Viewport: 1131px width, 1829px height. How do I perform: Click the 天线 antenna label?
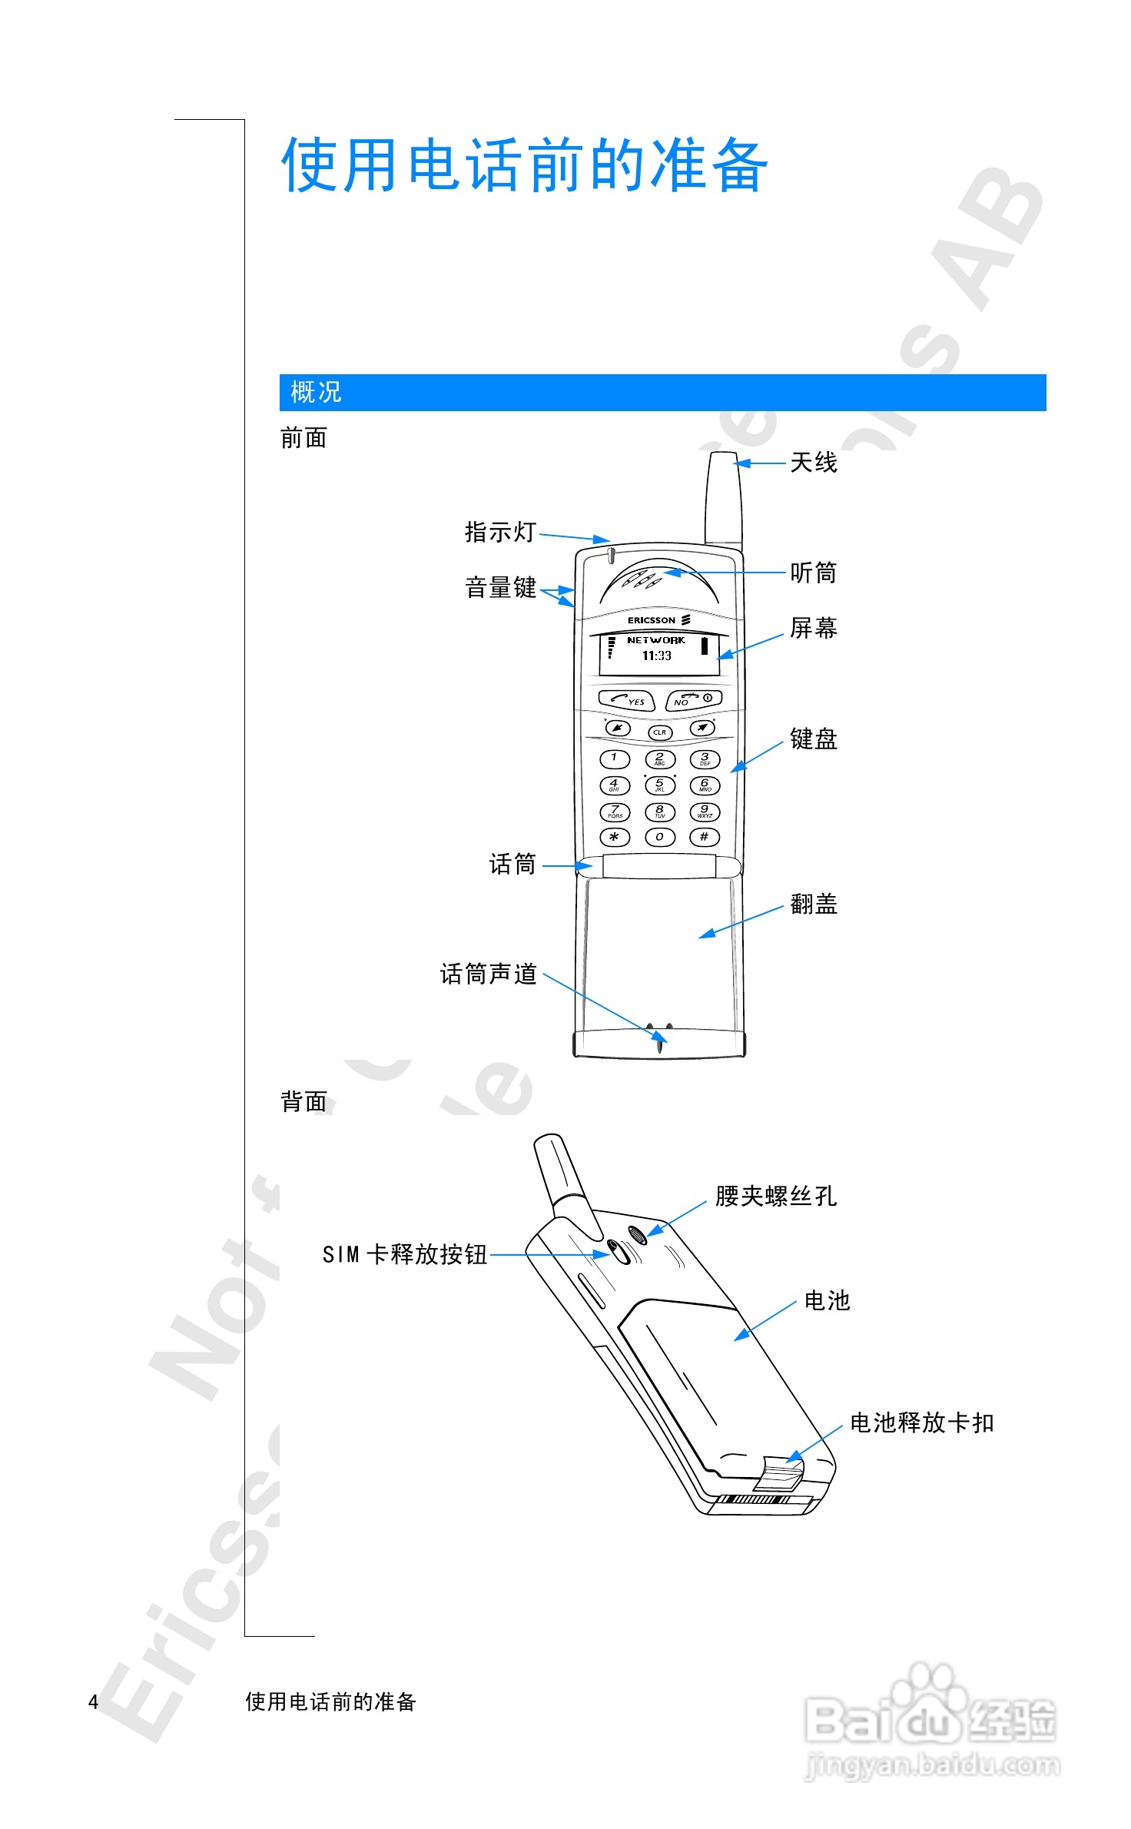[x=813, y=463]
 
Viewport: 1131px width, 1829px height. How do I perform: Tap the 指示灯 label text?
[x=500, y=532]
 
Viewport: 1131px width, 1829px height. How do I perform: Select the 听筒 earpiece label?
[x=813, y=573]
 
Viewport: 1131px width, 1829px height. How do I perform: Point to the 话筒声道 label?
[x=488, y=974]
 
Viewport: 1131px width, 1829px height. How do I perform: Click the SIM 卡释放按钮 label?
[x=405, y=1254]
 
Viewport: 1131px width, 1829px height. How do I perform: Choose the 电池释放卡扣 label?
[x=921, y=1422]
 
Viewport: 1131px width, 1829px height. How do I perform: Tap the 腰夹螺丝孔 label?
[x=775, y=1196]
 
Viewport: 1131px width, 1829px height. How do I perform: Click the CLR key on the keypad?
[x=659, y=732]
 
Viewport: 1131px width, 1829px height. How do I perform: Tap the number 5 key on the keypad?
[x=659, y=785]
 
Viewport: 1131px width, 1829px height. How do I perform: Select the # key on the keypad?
[x=704, y=837]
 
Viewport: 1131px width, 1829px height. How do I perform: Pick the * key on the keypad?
[x=614, y=837]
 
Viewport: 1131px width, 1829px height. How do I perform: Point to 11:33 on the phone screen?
[x=657, y=656]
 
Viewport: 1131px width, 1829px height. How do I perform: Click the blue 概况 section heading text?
[x=316, y=392]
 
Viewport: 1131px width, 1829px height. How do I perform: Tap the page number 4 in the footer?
[x=93, y=1701]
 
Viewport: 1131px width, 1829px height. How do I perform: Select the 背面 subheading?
[x=303, y=1101]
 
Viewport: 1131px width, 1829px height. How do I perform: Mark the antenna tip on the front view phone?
[x=722, y=459]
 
